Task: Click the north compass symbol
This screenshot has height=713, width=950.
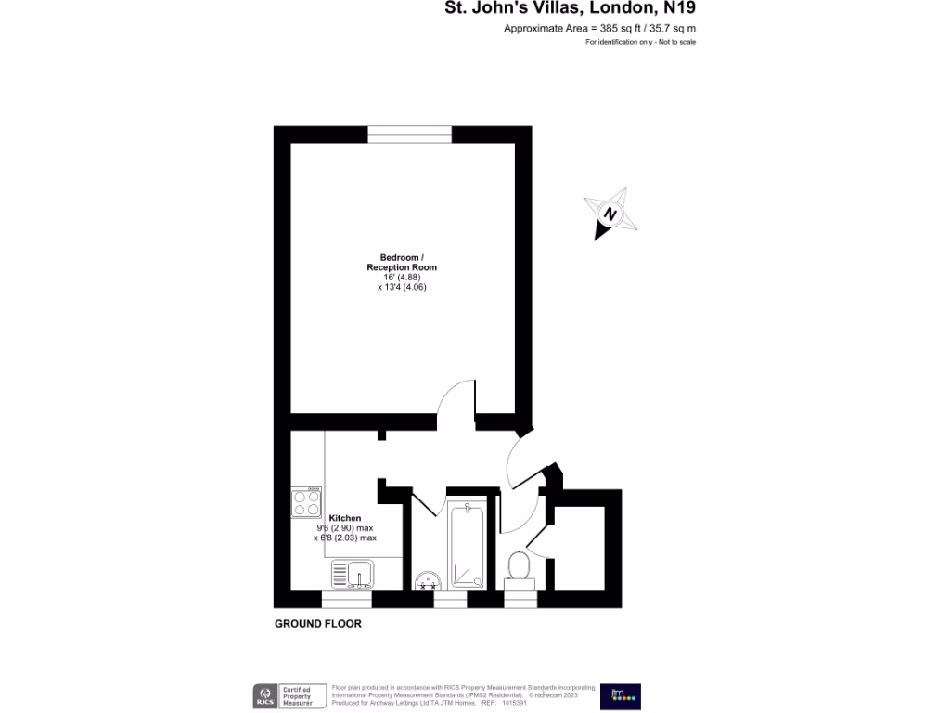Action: pos(610,214)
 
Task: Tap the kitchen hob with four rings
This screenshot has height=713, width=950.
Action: pos(306,502)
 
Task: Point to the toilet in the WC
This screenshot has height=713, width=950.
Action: pos(520,564)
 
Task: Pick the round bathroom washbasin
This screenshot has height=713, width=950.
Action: pos(428,580)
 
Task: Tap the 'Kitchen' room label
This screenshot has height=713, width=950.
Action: pos(345,518)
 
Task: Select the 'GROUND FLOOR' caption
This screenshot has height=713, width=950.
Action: pos(318,624)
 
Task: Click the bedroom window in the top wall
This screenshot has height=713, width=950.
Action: pos(409,135)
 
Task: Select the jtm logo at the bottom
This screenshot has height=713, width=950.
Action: pos(620,696)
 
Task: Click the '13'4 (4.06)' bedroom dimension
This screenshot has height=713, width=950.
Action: pos(402,287)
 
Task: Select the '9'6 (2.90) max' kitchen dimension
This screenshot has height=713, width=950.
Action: pos(346,527)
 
